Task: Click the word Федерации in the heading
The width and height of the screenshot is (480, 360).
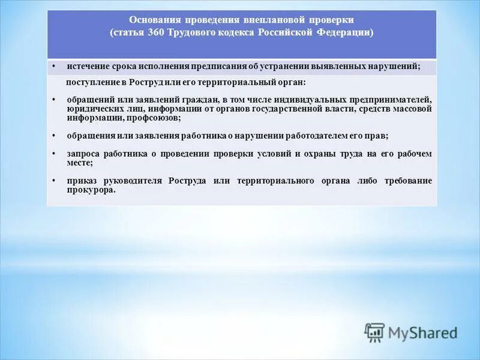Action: coord(344,32)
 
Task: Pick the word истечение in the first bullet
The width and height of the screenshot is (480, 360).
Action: coord(86,66)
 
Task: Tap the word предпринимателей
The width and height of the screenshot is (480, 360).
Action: coord(389,100)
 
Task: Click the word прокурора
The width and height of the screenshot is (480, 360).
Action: coord(91,190)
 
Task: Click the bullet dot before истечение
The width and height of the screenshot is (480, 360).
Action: coord(53,66)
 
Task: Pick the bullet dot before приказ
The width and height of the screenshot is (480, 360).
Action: coord(53,181)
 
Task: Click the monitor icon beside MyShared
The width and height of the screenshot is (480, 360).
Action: coord(374,332)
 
